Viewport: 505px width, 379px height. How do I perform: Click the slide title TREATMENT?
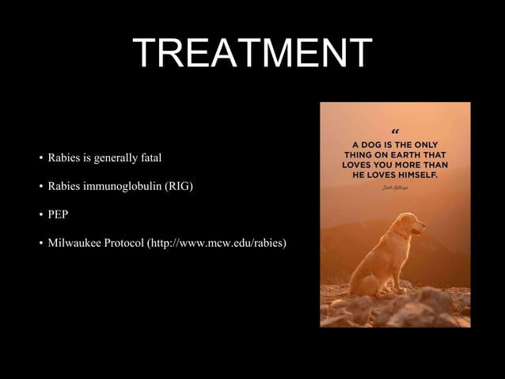point(252,53)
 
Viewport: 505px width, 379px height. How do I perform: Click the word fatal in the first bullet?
point(148,158)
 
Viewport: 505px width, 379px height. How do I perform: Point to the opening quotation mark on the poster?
point(395,131)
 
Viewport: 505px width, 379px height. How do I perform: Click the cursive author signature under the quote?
point(395,188)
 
